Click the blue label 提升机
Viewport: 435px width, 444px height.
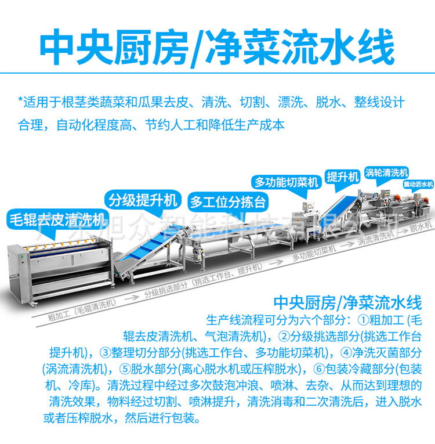(343, 176)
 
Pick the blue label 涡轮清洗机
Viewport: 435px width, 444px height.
(386, 172)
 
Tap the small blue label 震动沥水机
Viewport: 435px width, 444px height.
(418, 184)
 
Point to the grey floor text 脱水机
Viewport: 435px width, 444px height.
(420, 225)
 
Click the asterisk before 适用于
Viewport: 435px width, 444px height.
(21, 103)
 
